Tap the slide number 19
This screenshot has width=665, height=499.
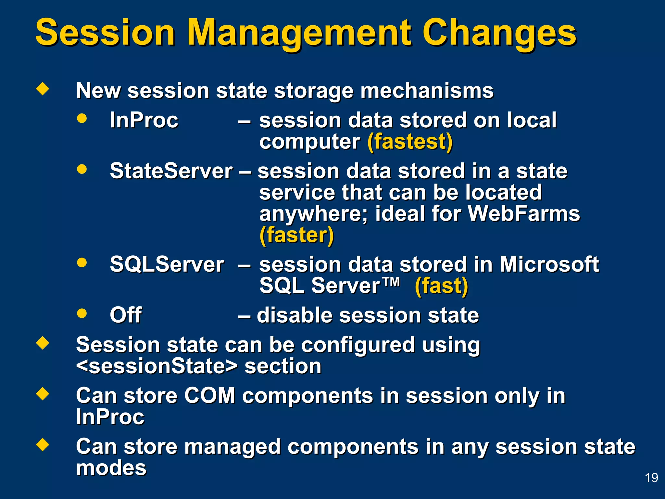pyautogui.click(x=651, y=478)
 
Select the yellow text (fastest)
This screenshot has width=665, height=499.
pyautogui.click(x=410, y=142)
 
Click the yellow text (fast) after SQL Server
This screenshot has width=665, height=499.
pyautogui.click(x=441, y=286)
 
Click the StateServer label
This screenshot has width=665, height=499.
pyautogui.click(x=171, y=171)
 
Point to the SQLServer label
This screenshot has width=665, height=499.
pyautogui.click(x=167, y=264)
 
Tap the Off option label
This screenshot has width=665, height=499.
pyautogui.click(x=126, y=315)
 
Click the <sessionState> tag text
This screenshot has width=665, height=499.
pyautogui.click(x=157, y=366)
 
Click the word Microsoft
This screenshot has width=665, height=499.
pyautogui.click(x=549, y=264)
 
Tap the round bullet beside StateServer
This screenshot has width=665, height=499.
pyautogui.click(x=82, y=169)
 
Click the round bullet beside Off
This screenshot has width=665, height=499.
pyautogui.click(x=82, y=313)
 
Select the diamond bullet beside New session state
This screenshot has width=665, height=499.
pyautogui.click(x=43, y=88)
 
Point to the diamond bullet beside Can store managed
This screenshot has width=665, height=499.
pyautogui.click(x=43, y=444)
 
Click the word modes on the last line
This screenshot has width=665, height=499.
pyautogui.click(x=111, y=468)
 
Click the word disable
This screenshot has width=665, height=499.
pyautogui.click(x=294, y=315)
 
